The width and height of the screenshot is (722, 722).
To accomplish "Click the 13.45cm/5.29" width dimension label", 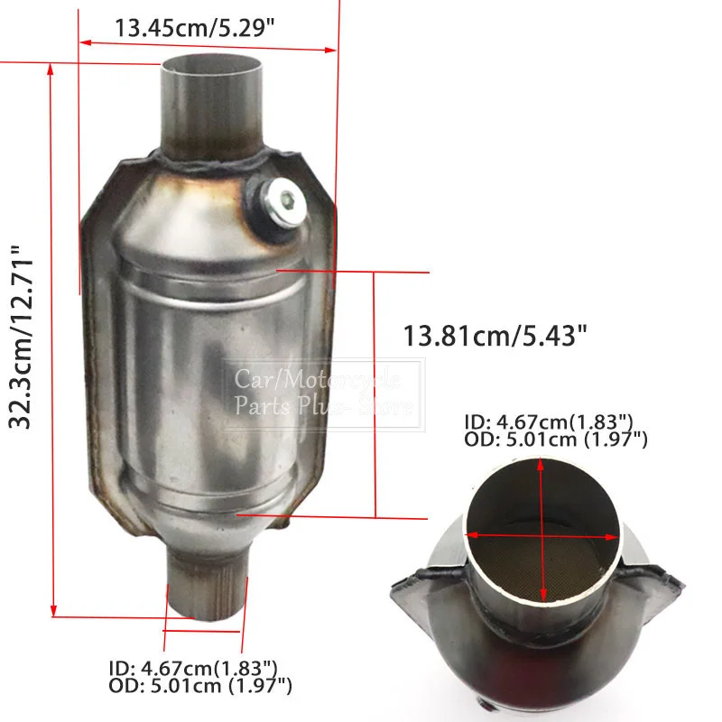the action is tap(194, 28).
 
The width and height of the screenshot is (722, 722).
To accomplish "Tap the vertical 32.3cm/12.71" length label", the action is tap(21, 337).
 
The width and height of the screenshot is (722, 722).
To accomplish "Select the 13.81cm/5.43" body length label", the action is tap(495, 336).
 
